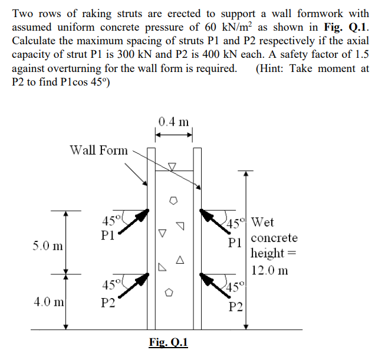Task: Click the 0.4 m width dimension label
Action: click(x=174, y=122)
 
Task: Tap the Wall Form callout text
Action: click(x=98, y=150)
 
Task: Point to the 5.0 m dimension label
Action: click(x=49, y=244)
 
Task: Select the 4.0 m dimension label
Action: click(x=48, y=303)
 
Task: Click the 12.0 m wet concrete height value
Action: click(x=269, y=271)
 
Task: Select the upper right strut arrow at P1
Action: click(x=213, y=219)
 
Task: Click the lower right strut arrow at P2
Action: click(x=213, y=284)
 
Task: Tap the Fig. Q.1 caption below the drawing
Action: click(x=169, y=343)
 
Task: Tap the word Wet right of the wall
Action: click(x=262, y=223)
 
